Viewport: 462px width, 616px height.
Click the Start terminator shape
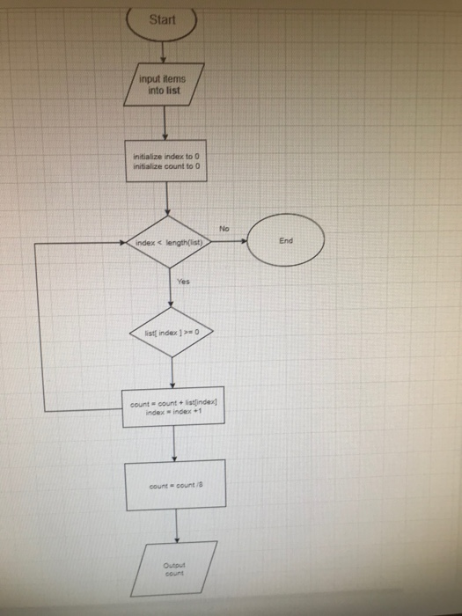[164, 21]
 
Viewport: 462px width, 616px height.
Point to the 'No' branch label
[224, 228]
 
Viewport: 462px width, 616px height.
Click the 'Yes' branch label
[184, 283]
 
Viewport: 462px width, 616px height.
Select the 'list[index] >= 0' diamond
[171, 333]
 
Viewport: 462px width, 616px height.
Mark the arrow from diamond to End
[229, 239]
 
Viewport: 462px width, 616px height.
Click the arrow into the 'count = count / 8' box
[175, 446]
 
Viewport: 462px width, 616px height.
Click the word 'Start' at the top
[164, 19]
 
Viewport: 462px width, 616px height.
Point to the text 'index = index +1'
[174, 413]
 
